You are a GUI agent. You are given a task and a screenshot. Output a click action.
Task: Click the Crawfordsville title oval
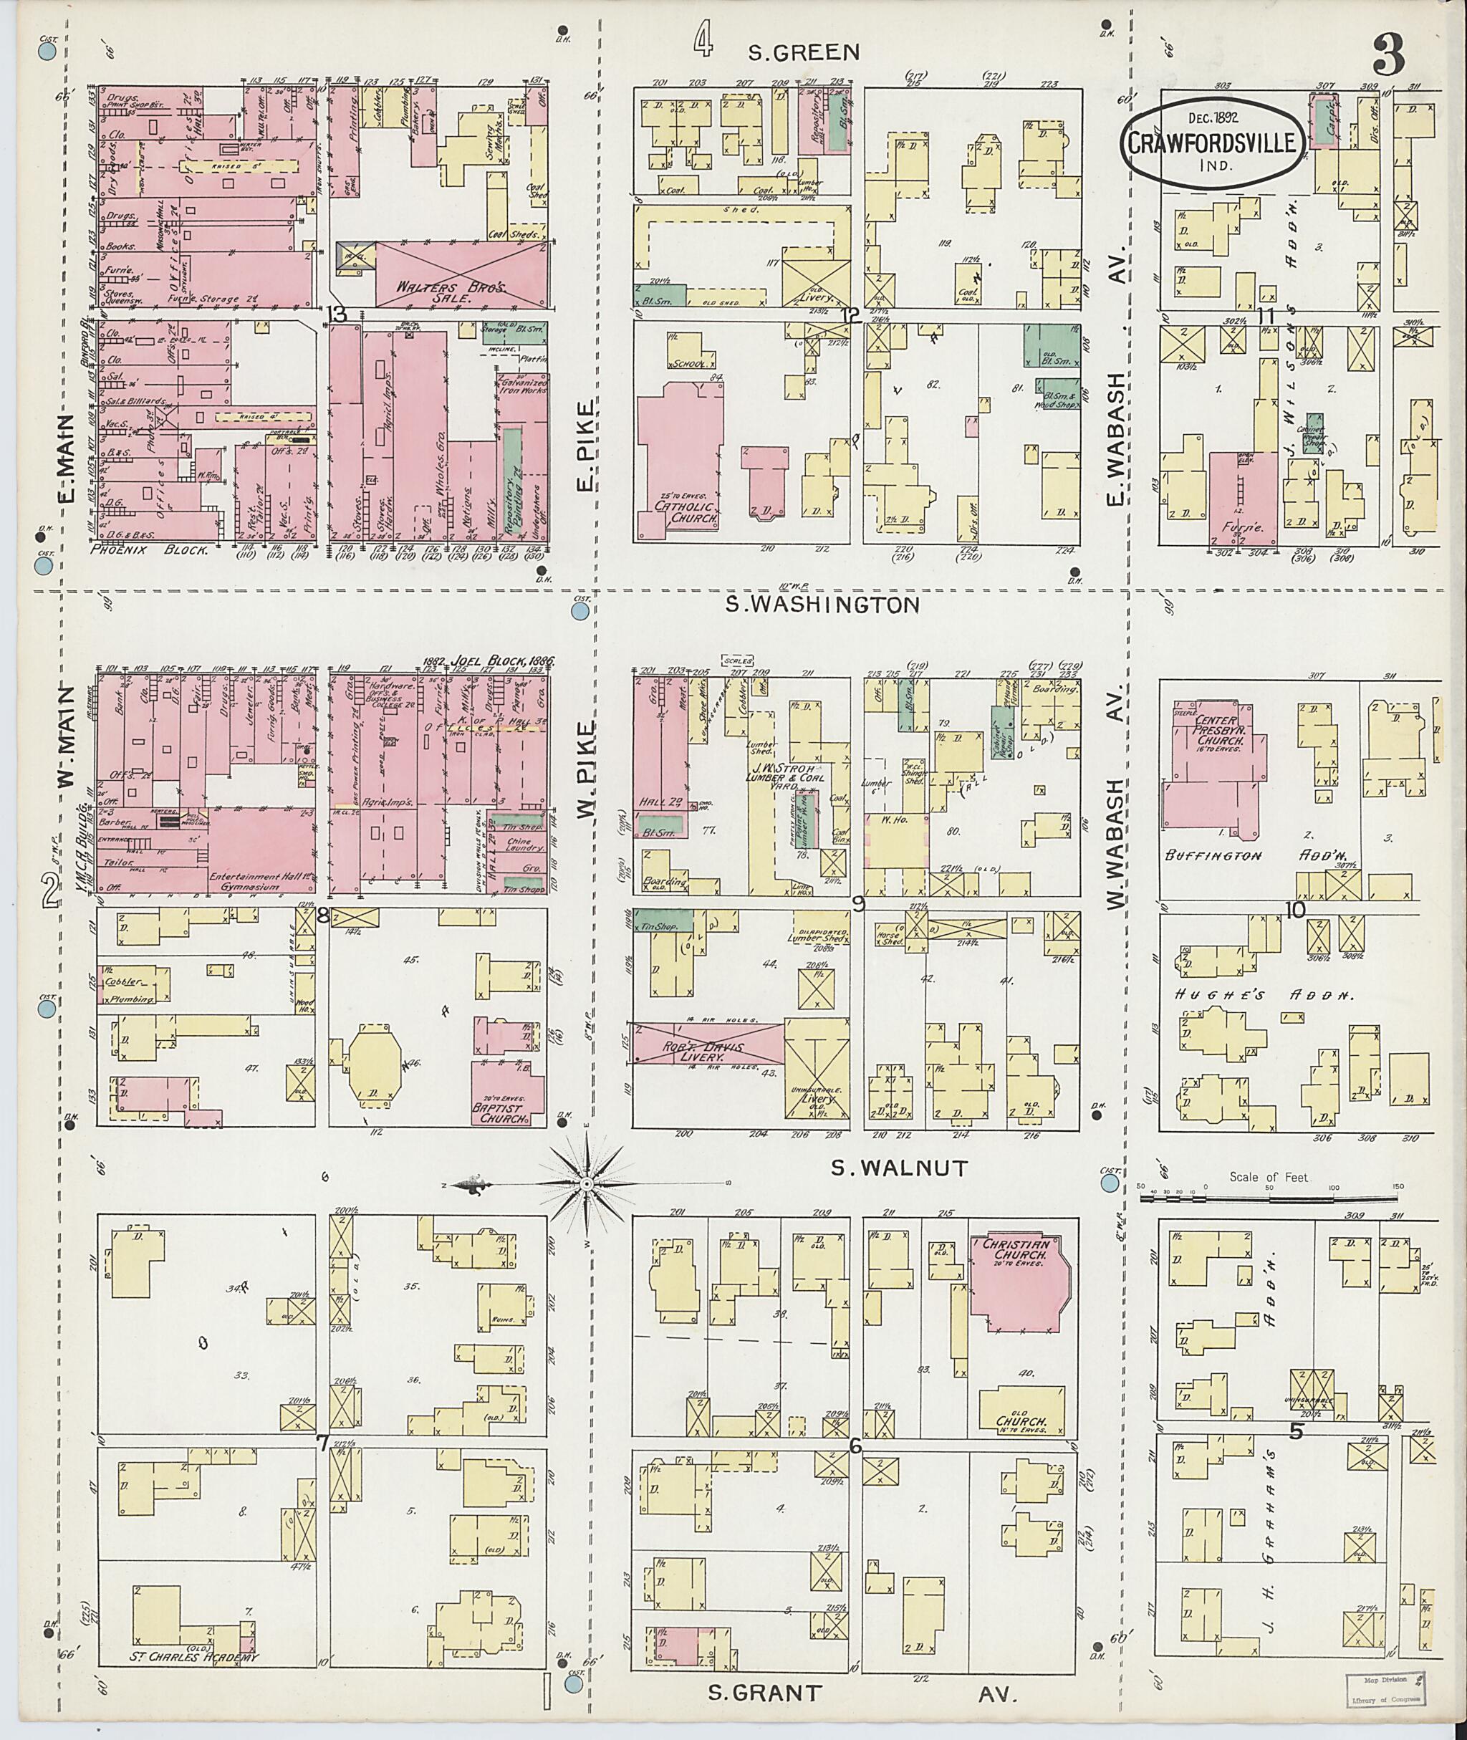(1210, 143)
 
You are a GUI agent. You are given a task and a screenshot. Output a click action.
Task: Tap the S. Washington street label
(822, 605)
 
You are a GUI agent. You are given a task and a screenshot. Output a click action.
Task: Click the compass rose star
(587, 1183)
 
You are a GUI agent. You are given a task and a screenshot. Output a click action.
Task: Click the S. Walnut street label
(900, 1168)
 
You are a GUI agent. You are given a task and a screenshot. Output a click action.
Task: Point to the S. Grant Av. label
(865, 1693)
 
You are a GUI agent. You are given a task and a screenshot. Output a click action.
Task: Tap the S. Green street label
(804, 53)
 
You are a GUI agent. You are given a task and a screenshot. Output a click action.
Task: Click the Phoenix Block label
(150, 549)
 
